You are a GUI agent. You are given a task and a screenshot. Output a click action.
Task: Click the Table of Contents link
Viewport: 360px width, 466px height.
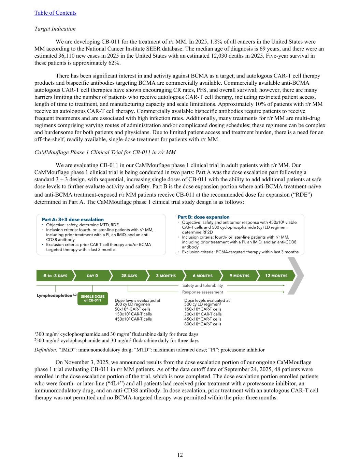(x=55, y=13)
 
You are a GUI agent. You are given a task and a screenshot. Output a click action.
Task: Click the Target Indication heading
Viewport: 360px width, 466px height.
(x=55, y=29)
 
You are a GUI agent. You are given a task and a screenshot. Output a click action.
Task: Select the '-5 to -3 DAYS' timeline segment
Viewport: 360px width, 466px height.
(x=55, y=276)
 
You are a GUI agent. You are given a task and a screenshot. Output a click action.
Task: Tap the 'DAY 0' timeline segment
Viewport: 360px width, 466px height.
(x=92, y=276)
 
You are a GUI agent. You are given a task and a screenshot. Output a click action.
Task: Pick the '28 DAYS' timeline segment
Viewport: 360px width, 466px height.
(x=129, y=276)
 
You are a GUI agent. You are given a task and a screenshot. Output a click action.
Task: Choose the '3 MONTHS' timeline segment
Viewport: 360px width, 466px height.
(x=166, y=276)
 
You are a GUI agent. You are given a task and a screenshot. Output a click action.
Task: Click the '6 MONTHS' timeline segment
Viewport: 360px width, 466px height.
(x=203, y=276)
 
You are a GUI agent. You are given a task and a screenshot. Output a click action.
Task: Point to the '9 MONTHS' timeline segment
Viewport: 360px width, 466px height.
(x=240, y=276)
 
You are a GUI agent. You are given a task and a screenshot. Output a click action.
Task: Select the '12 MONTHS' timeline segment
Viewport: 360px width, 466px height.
(x=276, y=276)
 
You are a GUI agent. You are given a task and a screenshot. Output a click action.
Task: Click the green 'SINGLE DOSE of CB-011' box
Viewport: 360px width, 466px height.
(x=92, y=298)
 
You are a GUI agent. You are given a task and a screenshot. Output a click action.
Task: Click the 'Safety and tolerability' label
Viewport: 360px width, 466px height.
(x=202, y=285)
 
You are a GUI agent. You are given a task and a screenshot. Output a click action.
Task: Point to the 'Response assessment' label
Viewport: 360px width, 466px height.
(x=202, y=292)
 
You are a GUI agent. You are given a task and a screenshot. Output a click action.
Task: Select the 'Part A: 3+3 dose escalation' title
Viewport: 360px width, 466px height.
(x=73, y=220)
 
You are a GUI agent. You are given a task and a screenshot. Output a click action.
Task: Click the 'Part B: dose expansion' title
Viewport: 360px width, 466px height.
(x=204, y=217)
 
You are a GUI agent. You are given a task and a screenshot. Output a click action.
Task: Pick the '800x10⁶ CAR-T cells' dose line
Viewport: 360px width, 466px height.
(x=203, y=324)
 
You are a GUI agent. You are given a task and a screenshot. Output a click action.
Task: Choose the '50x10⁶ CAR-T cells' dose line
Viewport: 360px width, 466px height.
(x=132, y=309)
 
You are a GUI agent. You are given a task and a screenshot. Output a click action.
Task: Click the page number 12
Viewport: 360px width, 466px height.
(x=180, y=455)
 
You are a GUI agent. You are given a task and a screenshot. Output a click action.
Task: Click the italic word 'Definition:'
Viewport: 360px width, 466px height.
(x=46, y=350)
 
